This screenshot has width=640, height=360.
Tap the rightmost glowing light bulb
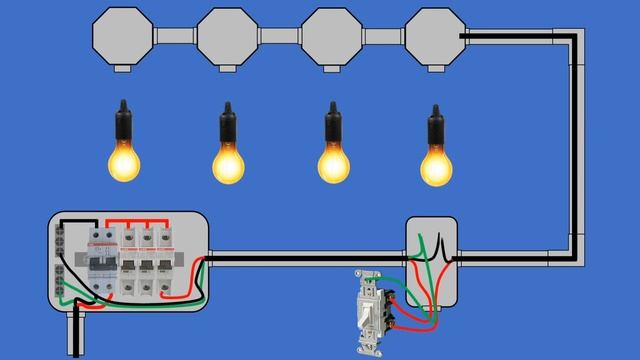click(437, 162)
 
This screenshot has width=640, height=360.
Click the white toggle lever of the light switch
click(368, 318)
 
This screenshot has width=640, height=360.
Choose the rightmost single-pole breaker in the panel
click(172, 265)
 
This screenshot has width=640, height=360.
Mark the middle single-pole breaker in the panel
click(151, 265)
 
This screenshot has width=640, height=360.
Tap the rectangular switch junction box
click(431, 262)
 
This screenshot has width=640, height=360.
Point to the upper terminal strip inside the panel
click(62, 240)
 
